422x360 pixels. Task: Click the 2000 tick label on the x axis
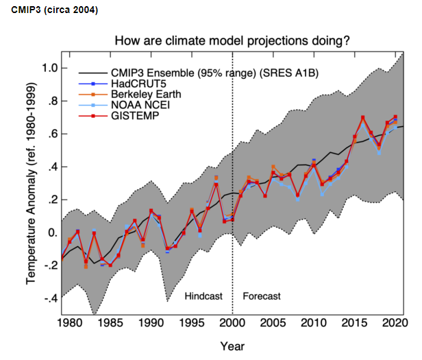click(233, 322)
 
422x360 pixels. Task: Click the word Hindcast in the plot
click(205, 296)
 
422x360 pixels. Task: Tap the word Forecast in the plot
click(262, 296)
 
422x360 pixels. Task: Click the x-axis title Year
click(233, 346)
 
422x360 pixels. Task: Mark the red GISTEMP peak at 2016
click(362, 117)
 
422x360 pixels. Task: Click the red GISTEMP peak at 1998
click(216, 184)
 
